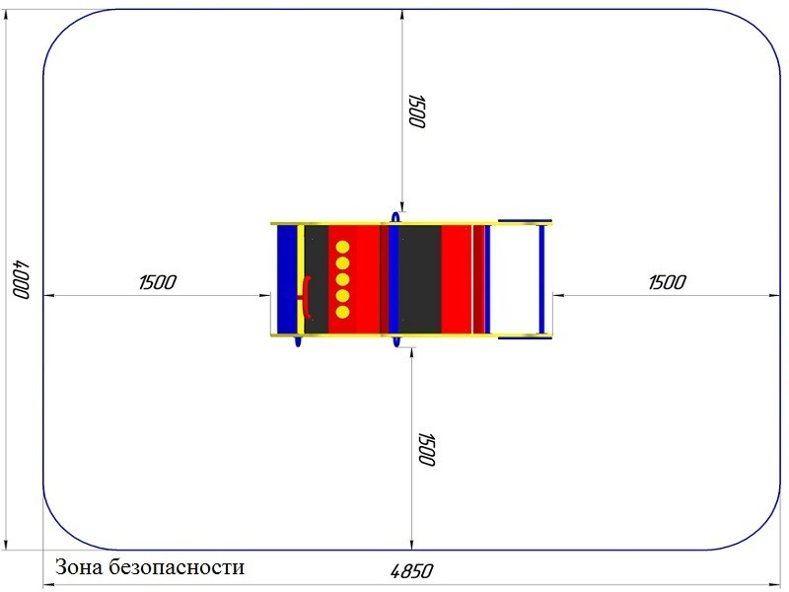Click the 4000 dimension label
pyautogui.click(x=21, y=279)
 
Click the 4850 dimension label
pyautogui.click(x=411, y=571)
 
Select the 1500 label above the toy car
pyautogui.click(x=417, y=111)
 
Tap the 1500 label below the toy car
pyautogui.click(x=426, y=449)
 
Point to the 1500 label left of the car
pyautogui.click(x=158, y=282)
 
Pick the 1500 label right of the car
pyautogui.click(x=668, y=282)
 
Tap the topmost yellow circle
pyautogui.click(x=342, y=248)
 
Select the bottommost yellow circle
pyautogui.click(x=342, y=312)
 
